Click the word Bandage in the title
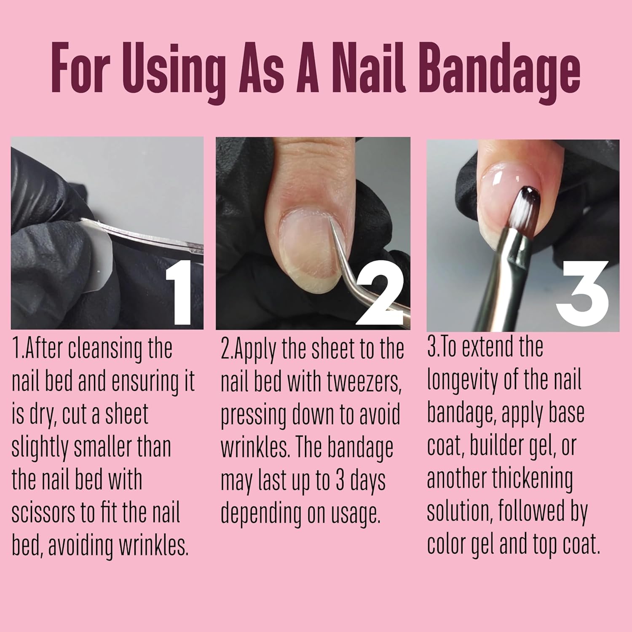point(500,70)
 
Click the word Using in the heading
point(177,70)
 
